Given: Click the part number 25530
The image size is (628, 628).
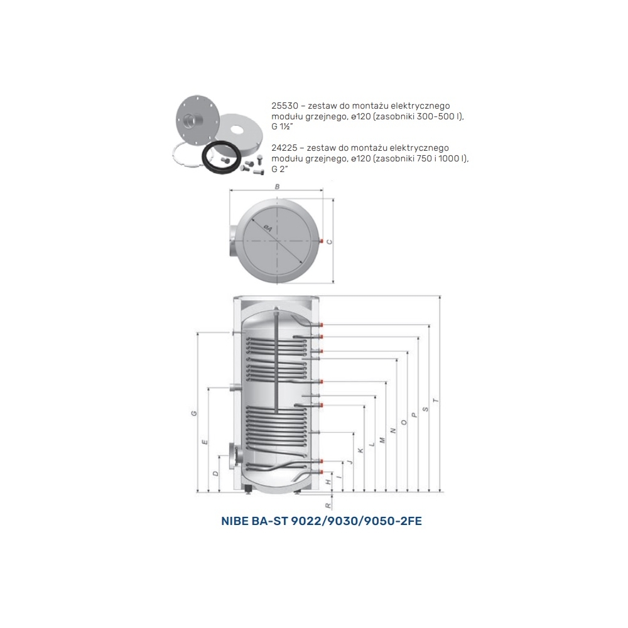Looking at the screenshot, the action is [x=284, y=106].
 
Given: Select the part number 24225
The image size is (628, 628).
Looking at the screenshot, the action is [x=284, y=148].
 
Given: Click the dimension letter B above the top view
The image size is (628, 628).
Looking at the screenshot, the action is [x=277, y=187].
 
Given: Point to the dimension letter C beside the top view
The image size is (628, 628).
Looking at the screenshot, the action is [x=330, y=242].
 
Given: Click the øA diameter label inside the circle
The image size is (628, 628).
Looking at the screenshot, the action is [x=268, y=229].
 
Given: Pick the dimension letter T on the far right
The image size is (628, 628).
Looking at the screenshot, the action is [x=436, y=401].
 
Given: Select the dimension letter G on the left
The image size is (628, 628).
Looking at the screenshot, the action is [x=194, y=413].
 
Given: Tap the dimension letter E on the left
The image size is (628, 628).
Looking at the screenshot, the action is [x=205, y=442].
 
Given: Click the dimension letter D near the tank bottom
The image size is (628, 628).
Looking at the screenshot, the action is [x=215, y=474].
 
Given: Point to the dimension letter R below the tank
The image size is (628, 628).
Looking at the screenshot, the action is [x=328, y=506].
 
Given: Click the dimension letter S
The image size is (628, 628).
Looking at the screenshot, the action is [x=425, y=409].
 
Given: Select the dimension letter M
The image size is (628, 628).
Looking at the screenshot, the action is [x=382, y=440].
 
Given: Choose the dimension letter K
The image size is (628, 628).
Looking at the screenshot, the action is [x=360, y=450].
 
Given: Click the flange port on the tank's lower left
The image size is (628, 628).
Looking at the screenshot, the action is [x=233, y=456].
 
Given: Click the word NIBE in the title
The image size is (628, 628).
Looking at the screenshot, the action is [x=234, y=521].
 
